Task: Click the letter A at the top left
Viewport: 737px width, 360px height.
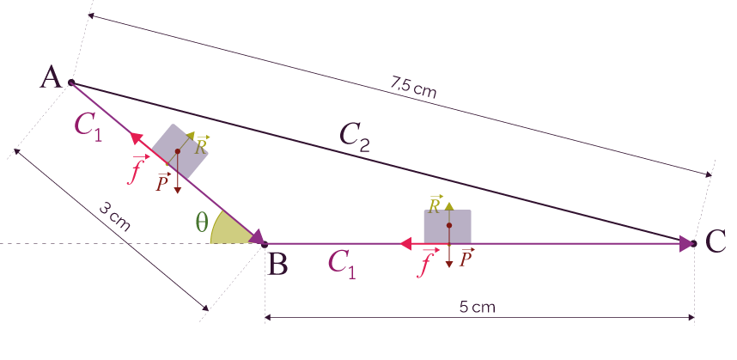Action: tap(51, 77)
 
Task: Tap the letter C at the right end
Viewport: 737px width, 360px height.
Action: tap(716, 242)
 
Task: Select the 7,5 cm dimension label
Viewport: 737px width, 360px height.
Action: tap(413, 88)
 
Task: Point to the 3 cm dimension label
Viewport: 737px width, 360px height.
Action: tap(115, 217)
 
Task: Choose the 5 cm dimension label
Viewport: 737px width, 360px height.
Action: tap(477, 308)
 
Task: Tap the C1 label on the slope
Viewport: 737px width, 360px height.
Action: tap(88, 128)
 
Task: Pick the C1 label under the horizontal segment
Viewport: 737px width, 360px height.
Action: tap(342, 265)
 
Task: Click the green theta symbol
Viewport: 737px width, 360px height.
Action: tap(202, 222)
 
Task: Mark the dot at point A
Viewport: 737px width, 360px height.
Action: tap(71, 82)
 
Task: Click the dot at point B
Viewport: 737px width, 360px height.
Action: tap(265, 244)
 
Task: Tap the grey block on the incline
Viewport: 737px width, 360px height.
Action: tap(180, 151)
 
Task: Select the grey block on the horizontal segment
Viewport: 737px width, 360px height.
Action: tap(448, 227)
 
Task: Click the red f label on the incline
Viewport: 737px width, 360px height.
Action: tap(137, 168)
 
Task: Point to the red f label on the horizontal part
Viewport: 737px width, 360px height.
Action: tap(425, 264)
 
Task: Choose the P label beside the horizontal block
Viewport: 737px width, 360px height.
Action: tap(466, 258)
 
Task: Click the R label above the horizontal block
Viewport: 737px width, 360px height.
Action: tap(435, 204)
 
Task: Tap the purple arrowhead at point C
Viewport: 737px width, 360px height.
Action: tap(687, 244)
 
